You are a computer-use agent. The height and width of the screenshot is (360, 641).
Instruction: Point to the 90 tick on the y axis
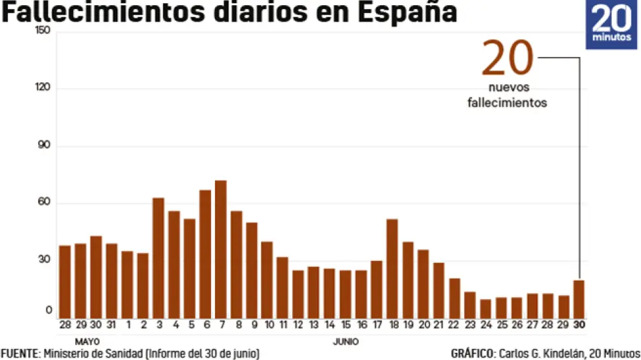(x=44, y=146)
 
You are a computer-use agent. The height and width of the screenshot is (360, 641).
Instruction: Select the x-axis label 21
(x=438, y=324)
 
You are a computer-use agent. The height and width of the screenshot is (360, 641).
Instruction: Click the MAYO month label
(x=87, y=341)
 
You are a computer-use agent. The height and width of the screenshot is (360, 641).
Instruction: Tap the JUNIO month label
(x=346, y=341)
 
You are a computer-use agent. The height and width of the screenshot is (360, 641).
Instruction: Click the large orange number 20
(x=508, y=60)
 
